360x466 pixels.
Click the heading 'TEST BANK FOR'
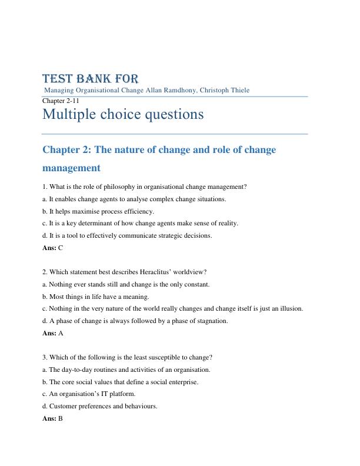[x=91, y=79]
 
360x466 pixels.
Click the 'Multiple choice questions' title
[x=123, y=114]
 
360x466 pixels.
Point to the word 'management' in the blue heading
[x=71, y=168]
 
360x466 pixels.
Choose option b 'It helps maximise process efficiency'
[x=98, y=211]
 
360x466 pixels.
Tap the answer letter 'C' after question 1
[x=61, y=248]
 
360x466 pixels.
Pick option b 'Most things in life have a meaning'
[x=95, y=297]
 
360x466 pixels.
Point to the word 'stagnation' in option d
[x=212, y=321]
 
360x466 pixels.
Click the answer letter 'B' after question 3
[x=61, y=419]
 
